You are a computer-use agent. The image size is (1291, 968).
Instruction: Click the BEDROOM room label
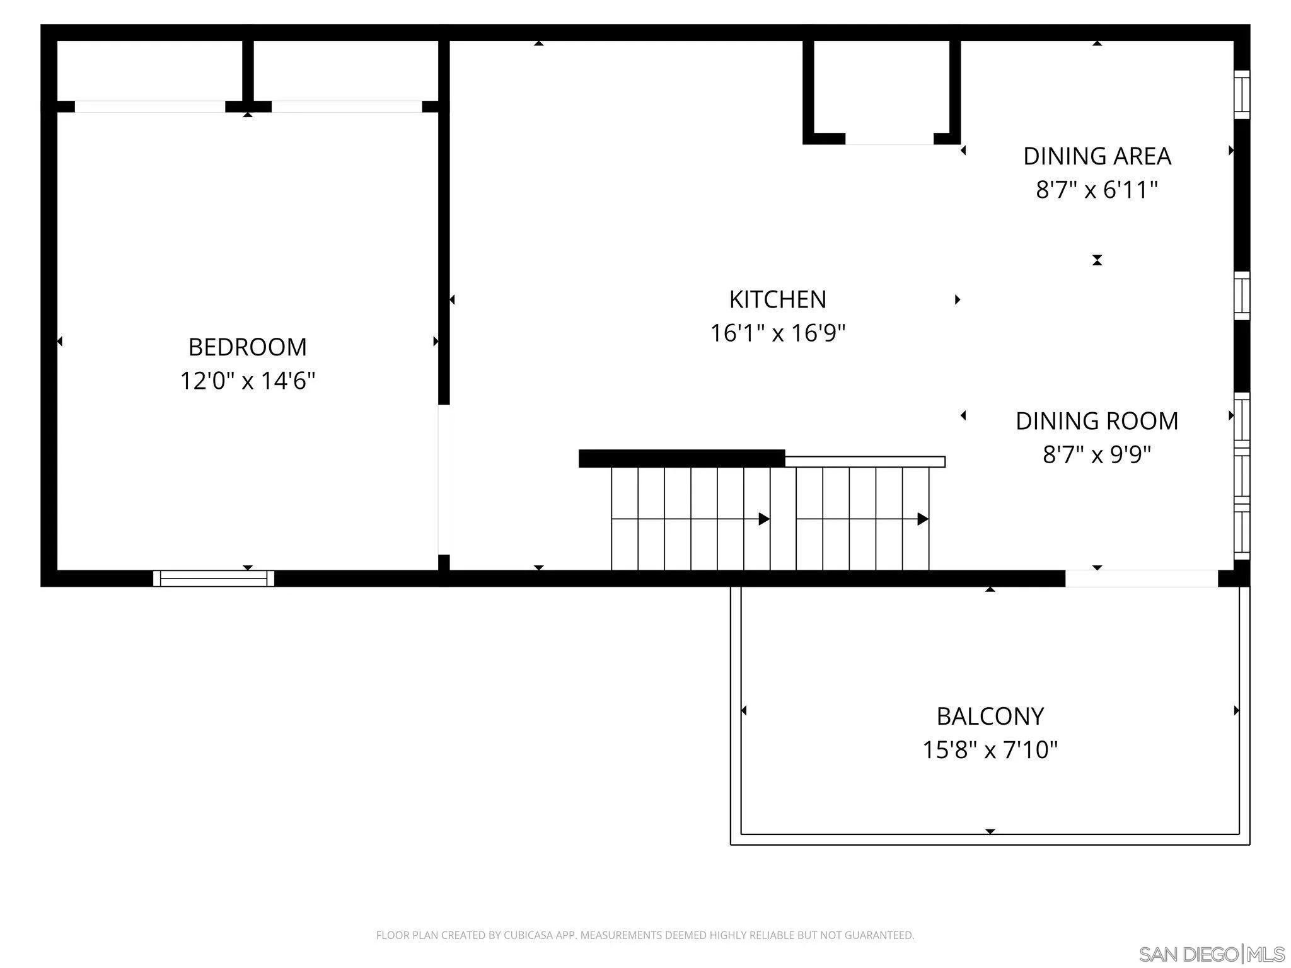click(x=247, y=347)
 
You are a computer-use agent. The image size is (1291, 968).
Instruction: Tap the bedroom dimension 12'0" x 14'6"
click(x=247, y=381)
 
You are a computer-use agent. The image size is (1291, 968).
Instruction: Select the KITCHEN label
click(x=777, y=299)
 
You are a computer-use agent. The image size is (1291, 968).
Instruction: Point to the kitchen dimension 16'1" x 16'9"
click(x=777, y=333)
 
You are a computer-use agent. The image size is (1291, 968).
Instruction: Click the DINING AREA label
click(x=1097, y=156)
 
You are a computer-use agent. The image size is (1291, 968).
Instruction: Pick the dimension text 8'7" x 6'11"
click(x=1097, y=190)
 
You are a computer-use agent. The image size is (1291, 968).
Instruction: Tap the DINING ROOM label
click(x=1097, y=421)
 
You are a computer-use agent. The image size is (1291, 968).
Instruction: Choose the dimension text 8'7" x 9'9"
click(x=1097, y=454)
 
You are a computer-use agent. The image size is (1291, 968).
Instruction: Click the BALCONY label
click(x=990, y=717)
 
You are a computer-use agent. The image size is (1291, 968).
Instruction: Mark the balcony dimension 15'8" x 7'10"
click(x=990, y=750)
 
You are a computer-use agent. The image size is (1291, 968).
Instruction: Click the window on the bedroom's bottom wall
click(x=214, y=579)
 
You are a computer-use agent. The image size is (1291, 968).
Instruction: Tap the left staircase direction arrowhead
click(x=764, y=519)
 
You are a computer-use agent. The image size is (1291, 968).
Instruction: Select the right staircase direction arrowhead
click(x=923, y=519)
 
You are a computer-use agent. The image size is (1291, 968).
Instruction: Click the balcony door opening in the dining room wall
click(x=1141, y=578)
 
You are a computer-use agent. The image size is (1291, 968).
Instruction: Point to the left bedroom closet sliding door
click(x=150, y=107)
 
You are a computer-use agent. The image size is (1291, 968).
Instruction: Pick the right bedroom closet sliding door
click(x=346, y=107)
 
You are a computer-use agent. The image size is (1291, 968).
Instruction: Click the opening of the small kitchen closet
click(x=889, y=139)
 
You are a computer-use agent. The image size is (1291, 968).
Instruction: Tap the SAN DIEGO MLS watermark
click(x=1211, y=954)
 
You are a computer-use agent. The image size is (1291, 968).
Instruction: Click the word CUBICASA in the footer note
click(x=526, y=936)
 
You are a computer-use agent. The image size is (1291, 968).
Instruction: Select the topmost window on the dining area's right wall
click(x=1241, y=95)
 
